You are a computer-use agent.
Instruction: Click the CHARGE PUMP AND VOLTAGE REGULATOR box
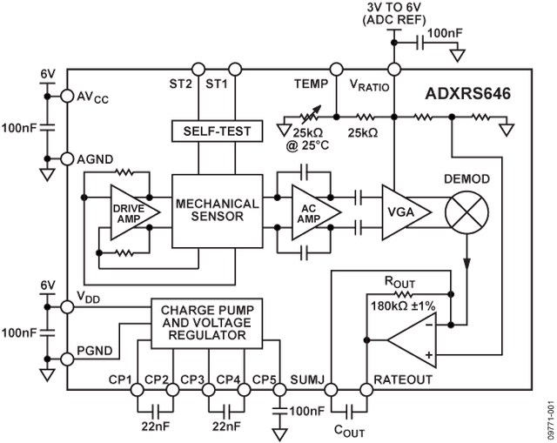pyautogui.click(x=207, y=322)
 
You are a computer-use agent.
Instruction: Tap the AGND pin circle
pyautogui.click(x=66, y=159)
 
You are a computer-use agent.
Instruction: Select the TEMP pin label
pyautogui.click(x=310, y=85)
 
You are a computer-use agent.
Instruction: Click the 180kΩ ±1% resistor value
pyautogui.click(x=403, y=305)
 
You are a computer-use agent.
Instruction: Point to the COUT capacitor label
pyautogui.click(x=352, y=429)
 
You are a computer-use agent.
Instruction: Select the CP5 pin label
pyautogui.click(x=263, y=380)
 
